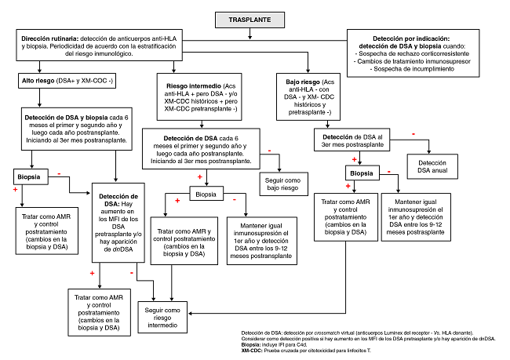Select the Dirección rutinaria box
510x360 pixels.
pos(94,45)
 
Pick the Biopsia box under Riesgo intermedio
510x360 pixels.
pos(206,192)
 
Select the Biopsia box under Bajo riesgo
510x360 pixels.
pos(362,173)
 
